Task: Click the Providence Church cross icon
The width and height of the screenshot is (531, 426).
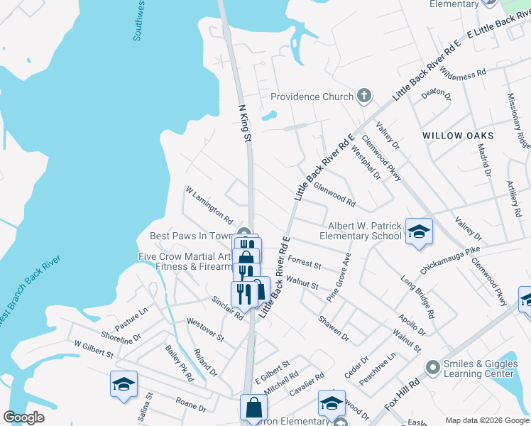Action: tap(364, 96)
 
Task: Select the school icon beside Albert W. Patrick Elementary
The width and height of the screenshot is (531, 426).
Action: tap(419, 231)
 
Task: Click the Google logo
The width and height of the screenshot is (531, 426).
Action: tap(24, 417)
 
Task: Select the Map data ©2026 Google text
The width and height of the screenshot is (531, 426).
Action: tap(486, 420)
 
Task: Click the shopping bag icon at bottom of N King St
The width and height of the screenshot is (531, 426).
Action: tap(253, 408)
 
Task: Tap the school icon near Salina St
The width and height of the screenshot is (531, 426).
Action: tap(124, 384)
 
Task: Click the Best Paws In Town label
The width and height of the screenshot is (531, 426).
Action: tap(192, 236)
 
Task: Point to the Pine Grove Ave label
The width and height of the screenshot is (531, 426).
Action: tap(339, 277)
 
